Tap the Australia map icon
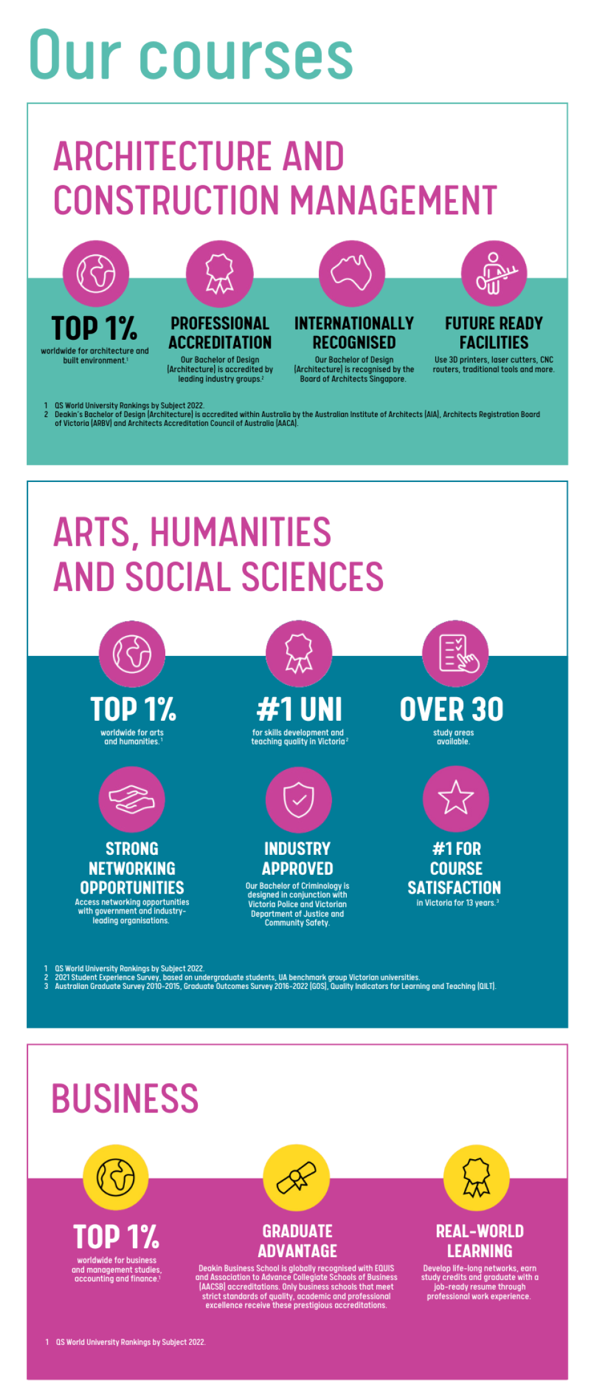point(352,273)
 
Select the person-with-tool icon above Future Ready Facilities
point(494,273)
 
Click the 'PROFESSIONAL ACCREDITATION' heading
point(220,333)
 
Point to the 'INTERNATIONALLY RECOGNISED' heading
point(354,333)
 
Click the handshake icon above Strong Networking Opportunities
point(132,799)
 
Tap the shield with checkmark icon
point(299,799)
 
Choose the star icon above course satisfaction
point(456,798)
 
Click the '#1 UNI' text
point(299,710)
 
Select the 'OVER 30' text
point(452,710)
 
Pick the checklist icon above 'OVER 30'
point(455,653)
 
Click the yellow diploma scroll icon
point(296,1177)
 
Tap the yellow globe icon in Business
point(116,1177)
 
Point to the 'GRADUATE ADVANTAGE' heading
point(298,1241)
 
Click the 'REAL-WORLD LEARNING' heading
point(480,1241)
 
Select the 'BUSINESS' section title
point(125,1099)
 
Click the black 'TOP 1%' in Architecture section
point(94,329)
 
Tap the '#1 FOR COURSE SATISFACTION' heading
point(455,868)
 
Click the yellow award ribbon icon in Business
point(477,1177)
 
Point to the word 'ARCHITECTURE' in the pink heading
point(163,156)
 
